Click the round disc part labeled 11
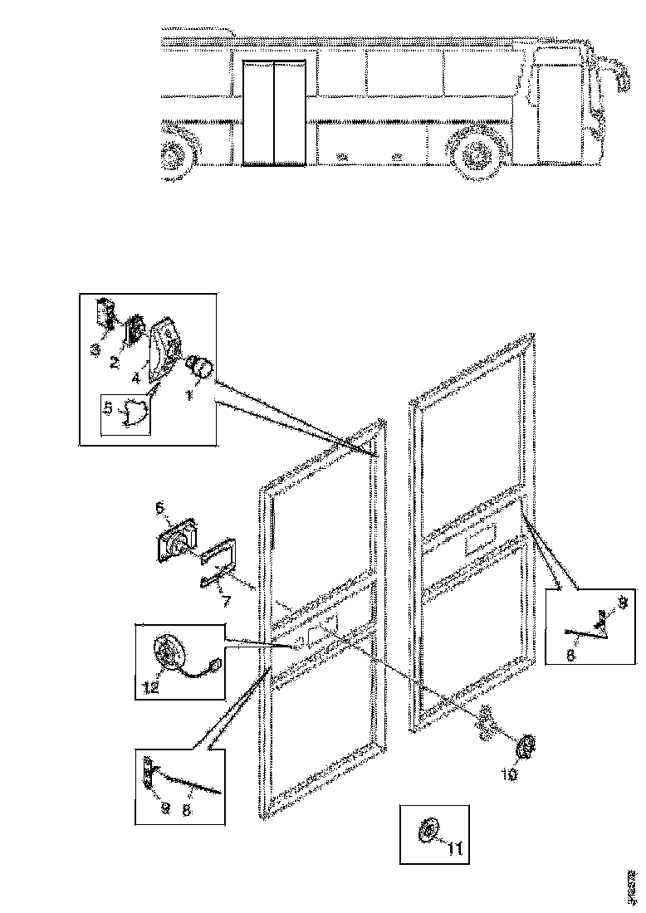tap(429, 831)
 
